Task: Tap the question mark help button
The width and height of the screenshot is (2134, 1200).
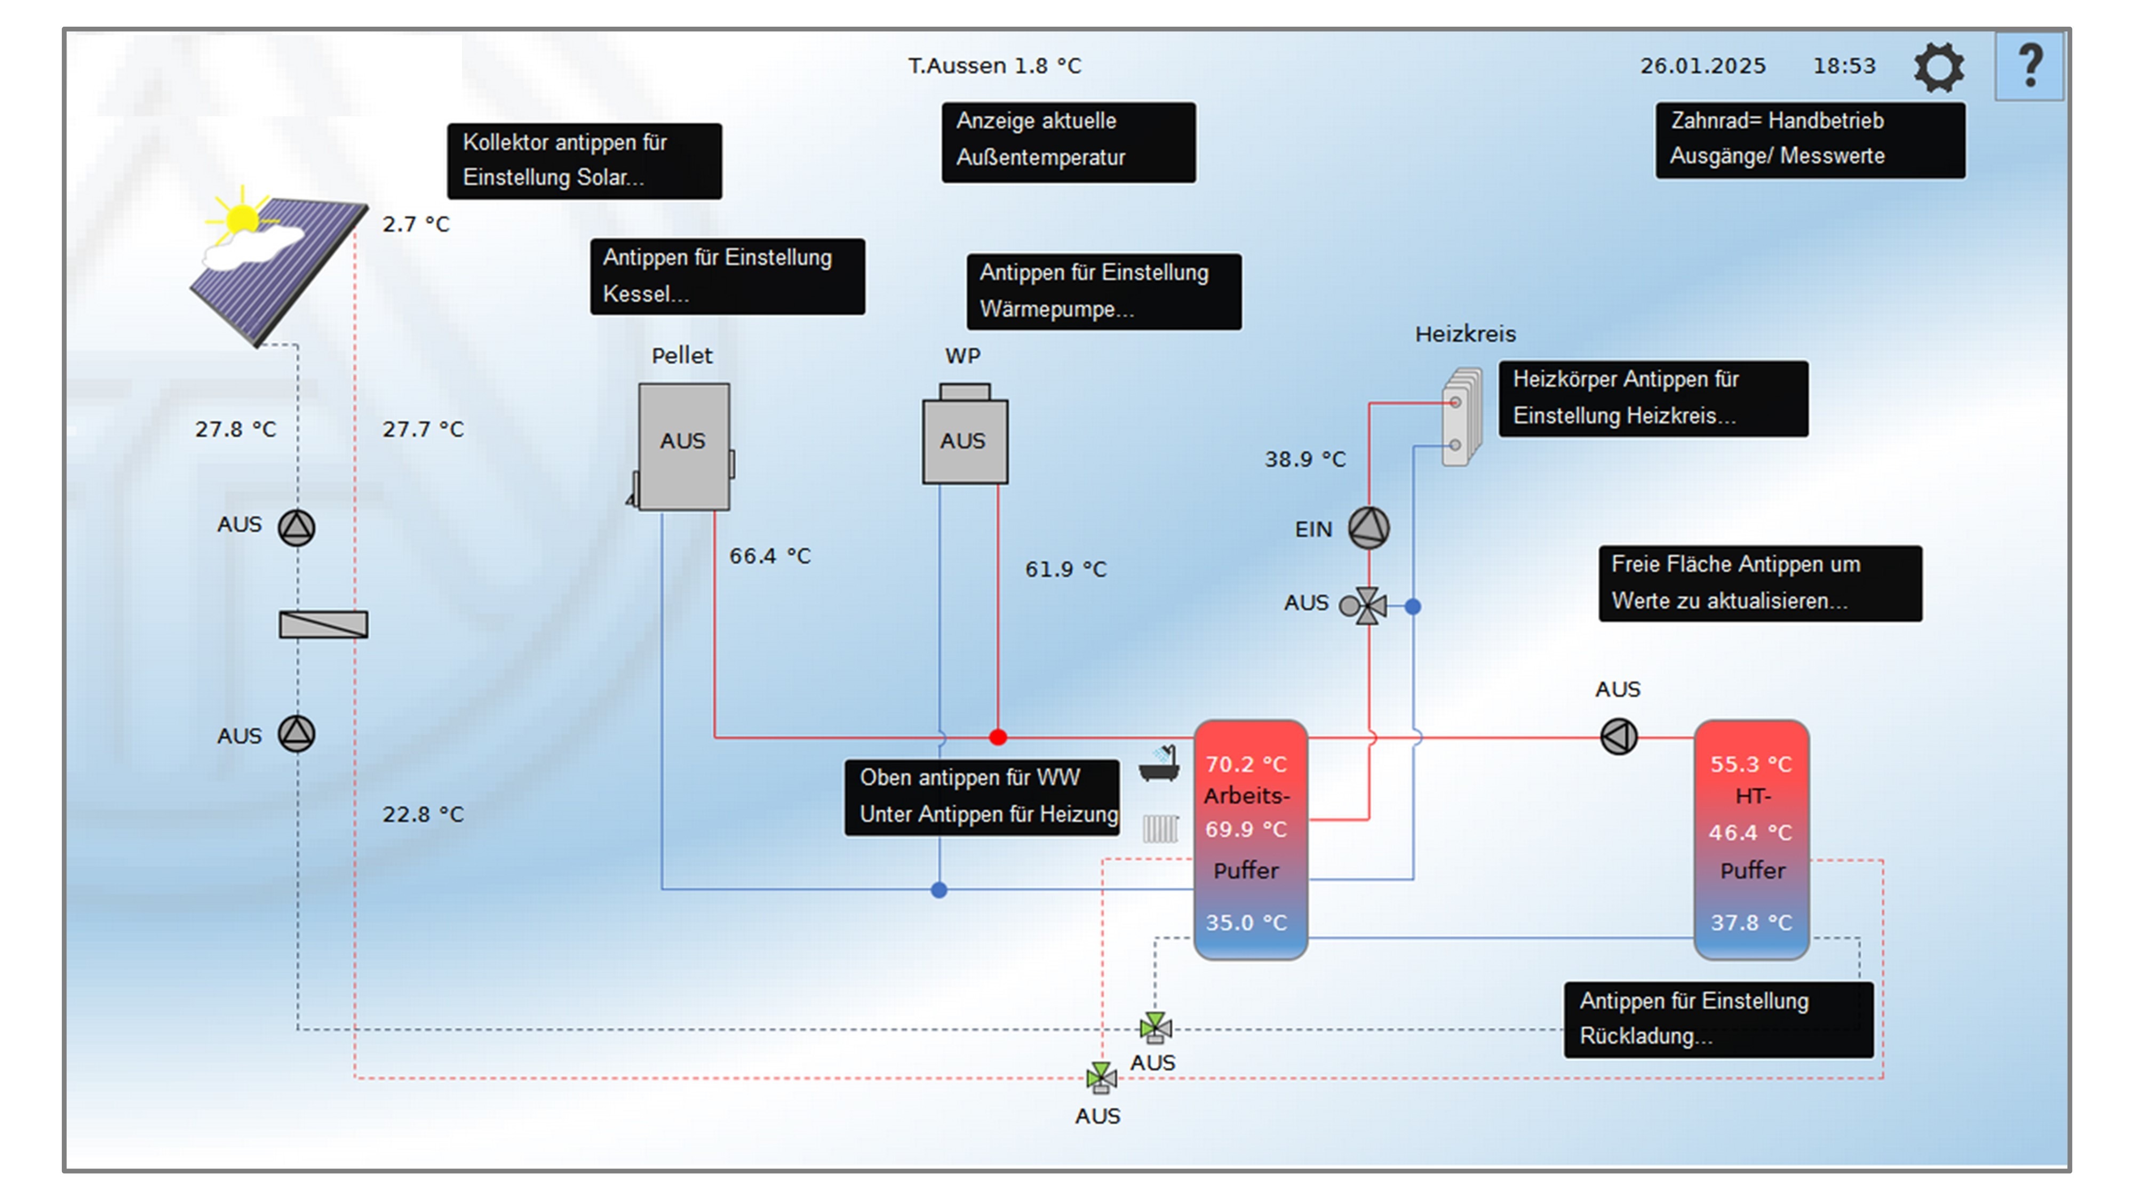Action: click(x=2029, y=66)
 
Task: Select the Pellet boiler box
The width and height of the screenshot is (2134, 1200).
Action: click(x=683, y=445)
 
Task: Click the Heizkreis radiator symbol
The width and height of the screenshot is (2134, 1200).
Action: click(x=1461, y=417)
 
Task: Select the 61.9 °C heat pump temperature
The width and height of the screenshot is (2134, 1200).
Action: click(x=1065, y=570)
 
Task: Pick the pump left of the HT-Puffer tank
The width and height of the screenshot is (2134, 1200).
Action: click(x=1619, y=736)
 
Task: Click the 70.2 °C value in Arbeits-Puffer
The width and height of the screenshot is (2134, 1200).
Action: click(x=1246, y=764)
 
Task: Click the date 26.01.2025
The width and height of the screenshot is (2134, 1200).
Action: click(x=1702, y=66)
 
